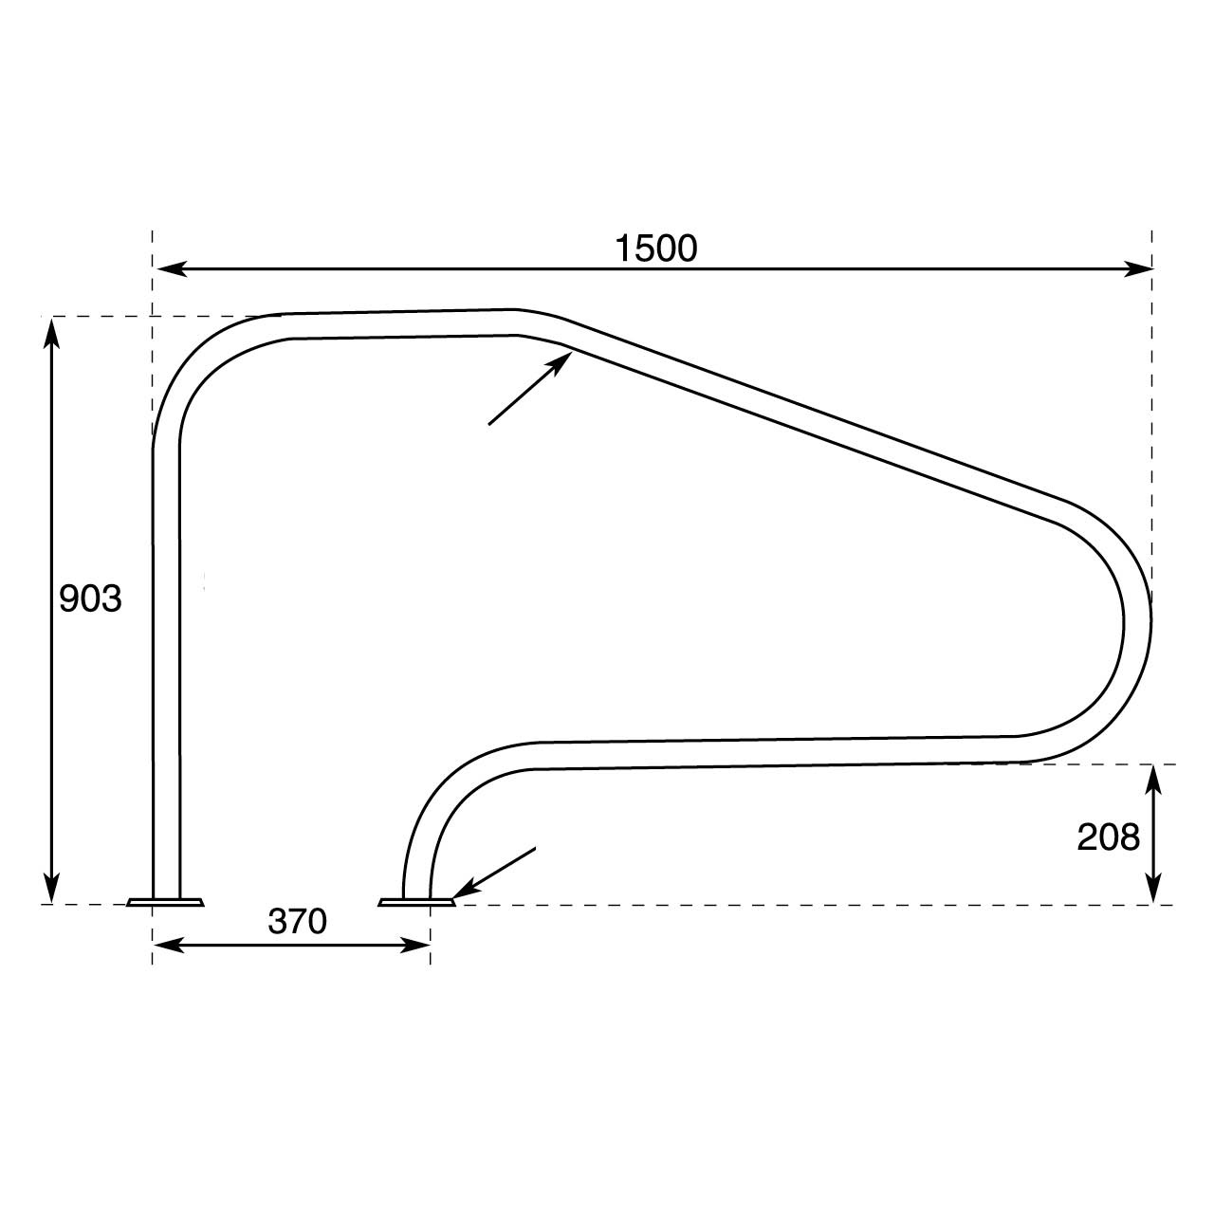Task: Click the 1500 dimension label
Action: pos(655,248)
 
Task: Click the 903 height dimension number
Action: pos(90,598)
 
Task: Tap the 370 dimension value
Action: pos(298,921)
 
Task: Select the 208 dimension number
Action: pos(1108,837)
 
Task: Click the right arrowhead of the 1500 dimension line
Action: pos(1138,269)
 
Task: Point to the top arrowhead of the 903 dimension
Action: pos(51,333)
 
